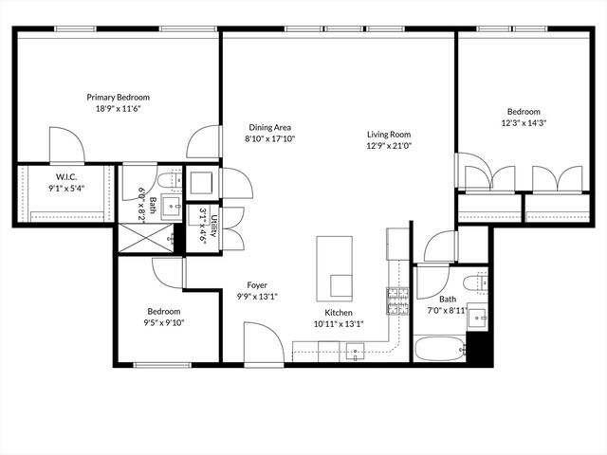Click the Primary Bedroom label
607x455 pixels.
[x=118, y=97]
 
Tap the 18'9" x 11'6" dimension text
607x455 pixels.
[x=118, y=110]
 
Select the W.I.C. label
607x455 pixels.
[x=65, y=175]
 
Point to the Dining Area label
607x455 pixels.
[x=269, y=127]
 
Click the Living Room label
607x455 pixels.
[x=389, y=134]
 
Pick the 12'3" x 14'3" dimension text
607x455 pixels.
[x=524, y=122]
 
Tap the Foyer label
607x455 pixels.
[x=257, y=284]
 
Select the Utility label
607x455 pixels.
[x=214, y=228]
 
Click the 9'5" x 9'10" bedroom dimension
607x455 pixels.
[x=163, y=323]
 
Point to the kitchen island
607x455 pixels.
[x=335, y=267]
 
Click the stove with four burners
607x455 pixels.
[x=397, y=301]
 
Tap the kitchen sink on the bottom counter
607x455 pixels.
[x=357, y=354]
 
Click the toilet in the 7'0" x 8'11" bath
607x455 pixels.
[x=477, y=281]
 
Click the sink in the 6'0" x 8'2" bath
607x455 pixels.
[x=173, y=208]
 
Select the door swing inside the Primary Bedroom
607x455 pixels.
[x=66, y=144]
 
